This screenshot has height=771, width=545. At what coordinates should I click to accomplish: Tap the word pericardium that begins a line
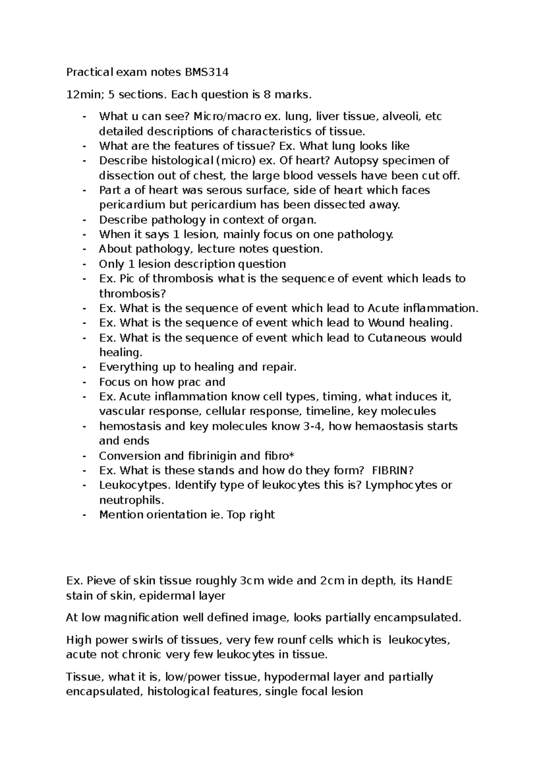pyautogui.click(x=128, y=205)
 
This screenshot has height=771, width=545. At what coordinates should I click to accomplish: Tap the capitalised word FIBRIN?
pyautogui.click(x=392, y=471)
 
